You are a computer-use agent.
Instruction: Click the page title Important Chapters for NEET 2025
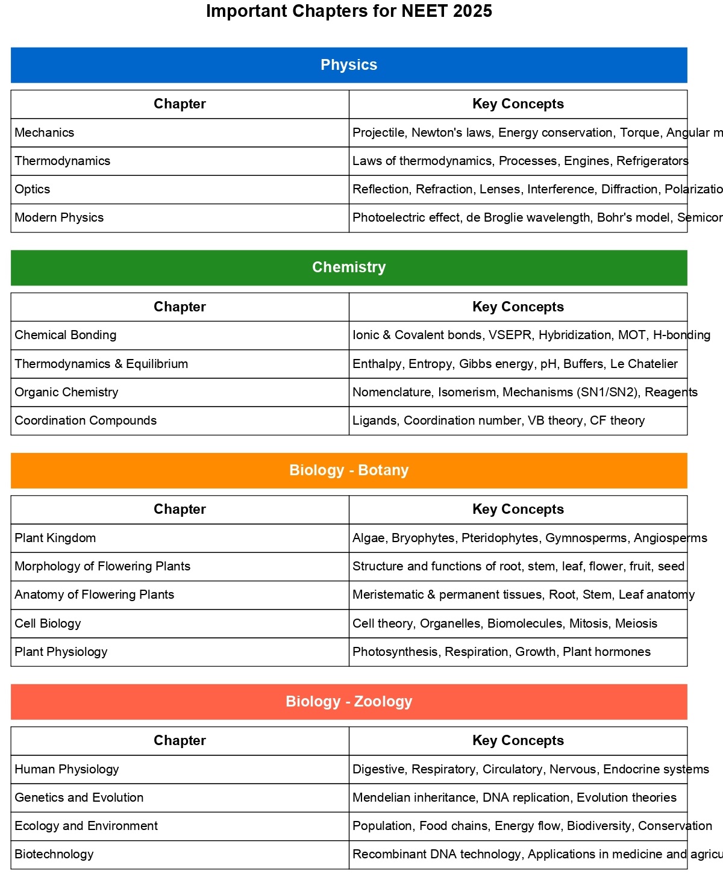[349, 11]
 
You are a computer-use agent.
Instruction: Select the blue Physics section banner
[349, 65]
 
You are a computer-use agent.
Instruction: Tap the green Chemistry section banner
[349, 267]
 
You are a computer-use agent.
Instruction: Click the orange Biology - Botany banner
[349, 470]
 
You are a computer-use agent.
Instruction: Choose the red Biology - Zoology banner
[349, 702]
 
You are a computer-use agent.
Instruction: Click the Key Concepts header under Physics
[518, 104]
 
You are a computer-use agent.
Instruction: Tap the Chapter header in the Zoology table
[180, 740]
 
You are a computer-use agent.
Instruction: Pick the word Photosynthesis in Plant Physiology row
[395, 652]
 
